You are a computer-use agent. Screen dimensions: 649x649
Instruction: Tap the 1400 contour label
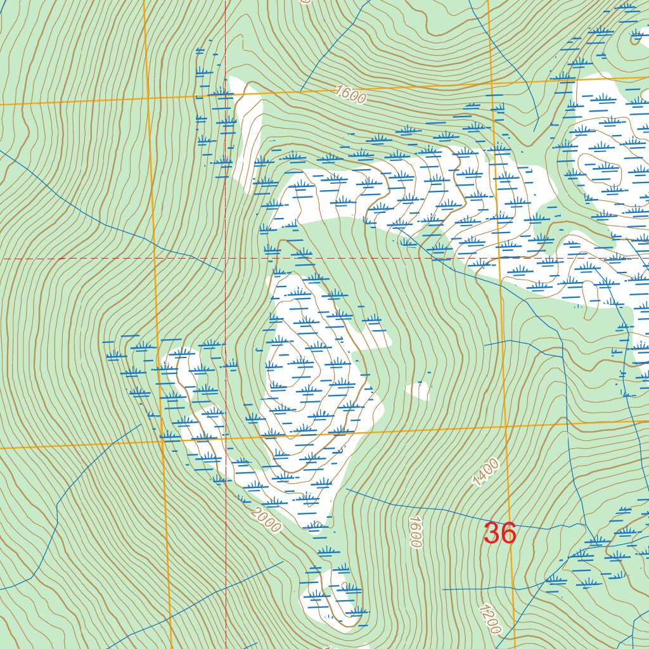click(486, 472)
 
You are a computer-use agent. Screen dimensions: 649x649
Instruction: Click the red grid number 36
click(500, 533)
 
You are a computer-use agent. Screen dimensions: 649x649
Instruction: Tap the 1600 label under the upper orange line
click(351, 94)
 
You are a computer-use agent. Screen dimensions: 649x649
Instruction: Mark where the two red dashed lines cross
click(226, 259)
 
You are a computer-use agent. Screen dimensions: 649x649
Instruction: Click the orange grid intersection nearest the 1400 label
click(507, 427)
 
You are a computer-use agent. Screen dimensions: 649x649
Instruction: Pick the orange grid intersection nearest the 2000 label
click(162, 443)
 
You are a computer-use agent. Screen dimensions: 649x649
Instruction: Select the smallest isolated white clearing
click(418, 391)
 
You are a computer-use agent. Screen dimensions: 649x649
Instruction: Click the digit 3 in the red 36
click(492, 533)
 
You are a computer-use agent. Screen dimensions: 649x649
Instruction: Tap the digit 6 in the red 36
click(508, 533)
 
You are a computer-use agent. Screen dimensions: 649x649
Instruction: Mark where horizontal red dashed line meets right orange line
click(499, 259)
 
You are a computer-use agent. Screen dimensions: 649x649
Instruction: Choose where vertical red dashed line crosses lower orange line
click(226, 440)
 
